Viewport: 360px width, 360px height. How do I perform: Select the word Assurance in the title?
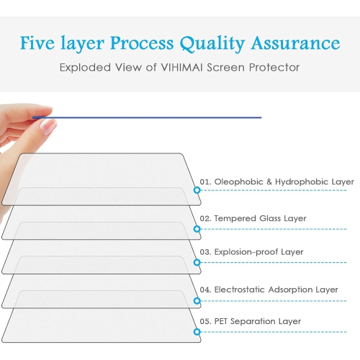pos(297,42)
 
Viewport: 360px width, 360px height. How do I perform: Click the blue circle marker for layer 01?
pos(197,191)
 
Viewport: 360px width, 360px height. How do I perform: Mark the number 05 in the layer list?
pos(205,321)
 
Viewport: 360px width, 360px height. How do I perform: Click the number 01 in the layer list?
pos(205,182)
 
